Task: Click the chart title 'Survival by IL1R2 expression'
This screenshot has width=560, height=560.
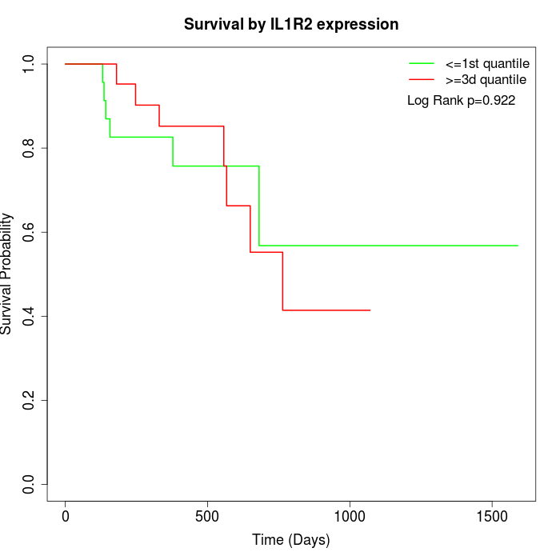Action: point(291,24)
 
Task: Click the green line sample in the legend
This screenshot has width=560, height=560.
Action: point(421,63)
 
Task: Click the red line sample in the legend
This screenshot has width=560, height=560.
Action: point(421,79)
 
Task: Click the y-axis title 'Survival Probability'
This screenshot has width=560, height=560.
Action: point(7,274)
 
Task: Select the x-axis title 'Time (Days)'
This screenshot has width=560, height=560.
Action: point(290,540)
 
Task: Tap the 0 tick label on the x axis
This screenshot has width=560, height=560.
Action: point(66,516)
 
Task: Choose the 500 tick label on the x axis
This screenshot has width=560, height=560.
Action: point(207,516)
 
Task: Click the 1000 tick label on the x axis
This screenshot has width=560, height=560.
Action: point(350,516)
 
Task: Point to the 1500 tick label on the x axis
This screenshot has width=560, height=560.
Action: point(491,516)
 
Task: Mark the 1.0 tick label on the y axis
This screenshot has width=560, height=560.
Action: point(30,64)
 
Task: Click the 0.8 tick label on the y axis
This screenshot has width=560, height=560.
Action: point(30,148)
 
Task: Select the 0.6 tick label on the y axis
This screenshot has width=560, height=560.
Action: point(30,232)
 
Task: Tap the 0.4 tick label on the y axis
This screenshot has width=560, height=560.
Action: point(30,316)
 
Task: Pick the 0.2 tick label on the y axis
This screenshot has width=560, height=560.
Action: point(30,400)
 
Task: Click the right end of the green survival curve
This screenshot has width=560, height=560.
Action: point(518,246)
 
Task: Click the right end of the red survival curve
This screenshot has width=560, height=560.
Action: point(370,310)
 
